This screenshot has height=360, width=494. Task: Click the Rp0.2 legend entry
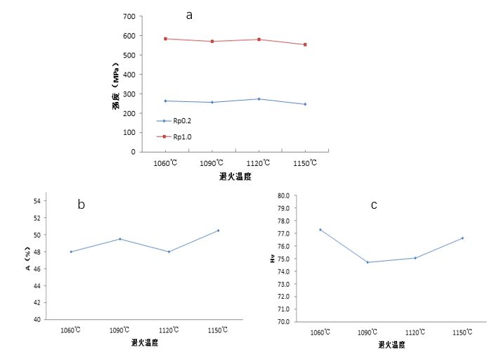point(182,120)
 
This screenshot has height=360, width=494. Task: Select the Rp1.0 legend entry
point(182,136)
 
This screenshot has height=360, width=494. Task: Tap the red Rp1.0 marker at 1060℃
point(165,39)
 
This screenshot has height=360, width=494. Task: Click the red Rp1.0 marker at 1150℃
point(305,44)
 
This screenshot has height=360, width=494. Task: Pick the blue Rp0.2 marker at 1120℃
point(259,99)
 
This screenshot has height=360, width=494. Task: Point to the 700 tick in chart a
point(128,16)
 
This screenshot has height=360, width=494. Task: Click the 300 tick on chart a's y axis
point(128,94)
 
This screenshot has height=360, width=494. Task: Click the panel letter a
point(189,15)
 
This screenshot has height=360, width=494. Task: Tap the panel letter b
point(82,205)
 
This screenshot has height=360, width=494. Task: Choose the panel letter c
point(374,205)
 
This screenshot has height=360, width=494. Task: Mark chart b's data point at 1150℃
point(218,231)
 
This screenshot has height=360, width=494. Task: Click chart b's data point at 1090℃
point(120,239)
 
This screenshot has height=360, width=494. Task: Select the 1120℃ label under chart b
point(169,330)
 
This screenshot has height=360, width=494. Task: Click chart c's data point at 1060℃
point(320,230)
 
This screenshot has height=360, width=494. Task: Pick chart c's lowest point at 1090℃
point(368,262)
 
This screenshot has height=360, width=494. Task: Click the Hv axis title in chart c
point(272,259)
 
